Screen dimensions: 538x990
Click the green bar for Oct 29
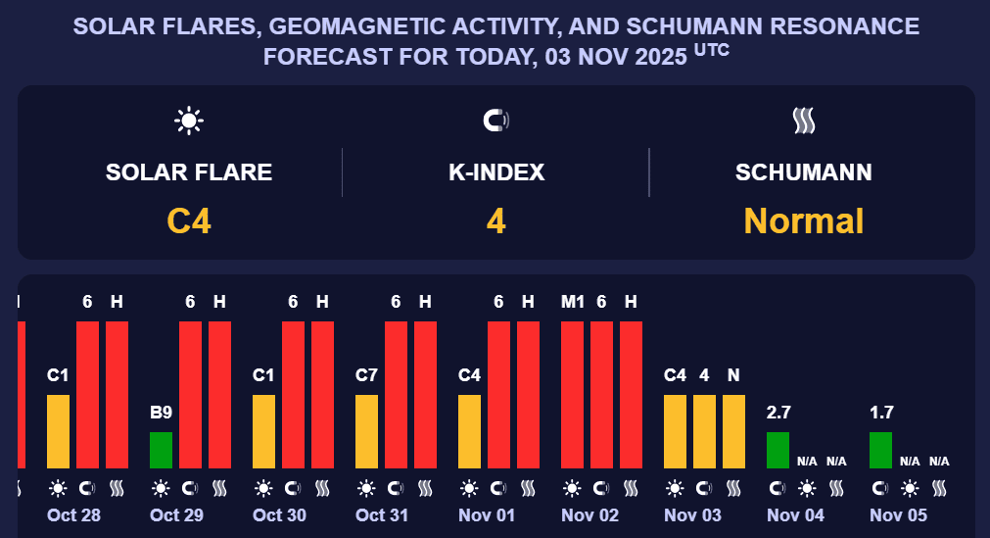161,450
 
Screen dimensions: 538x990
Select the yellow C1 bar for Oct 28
58,431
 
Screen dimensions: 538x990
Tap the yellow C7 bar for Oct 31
366,431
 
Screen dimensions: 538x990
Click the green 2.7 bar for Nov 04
778,450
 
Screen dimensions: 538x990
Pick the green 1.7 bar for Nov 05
880,450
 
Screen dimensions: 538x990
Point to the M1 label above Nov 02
572,302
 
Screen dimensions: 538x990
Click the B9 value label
161,413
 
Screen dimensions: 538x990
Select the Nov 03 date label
692,515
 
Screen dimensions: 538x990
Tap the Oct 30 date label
281,515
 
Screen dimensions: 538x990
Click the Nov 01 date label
487,515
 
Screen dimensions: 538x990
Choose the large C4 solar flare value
189,220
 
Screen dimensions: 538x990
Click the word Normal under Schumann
804,220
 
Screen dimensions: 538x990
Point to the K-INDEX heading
496,173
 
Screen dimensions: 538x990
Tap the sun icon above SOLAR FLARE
189,121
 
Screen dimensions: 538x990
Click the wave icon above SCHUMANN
804,121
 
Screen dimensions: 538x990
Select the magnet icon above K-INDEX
496,121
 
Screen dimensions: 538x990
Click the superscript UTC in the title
711,50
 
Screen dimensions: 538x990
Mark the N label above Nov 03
733,375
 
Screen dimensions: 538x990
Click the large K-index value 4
496,220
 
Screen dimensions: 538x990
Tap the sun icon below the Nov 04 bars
807,487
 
